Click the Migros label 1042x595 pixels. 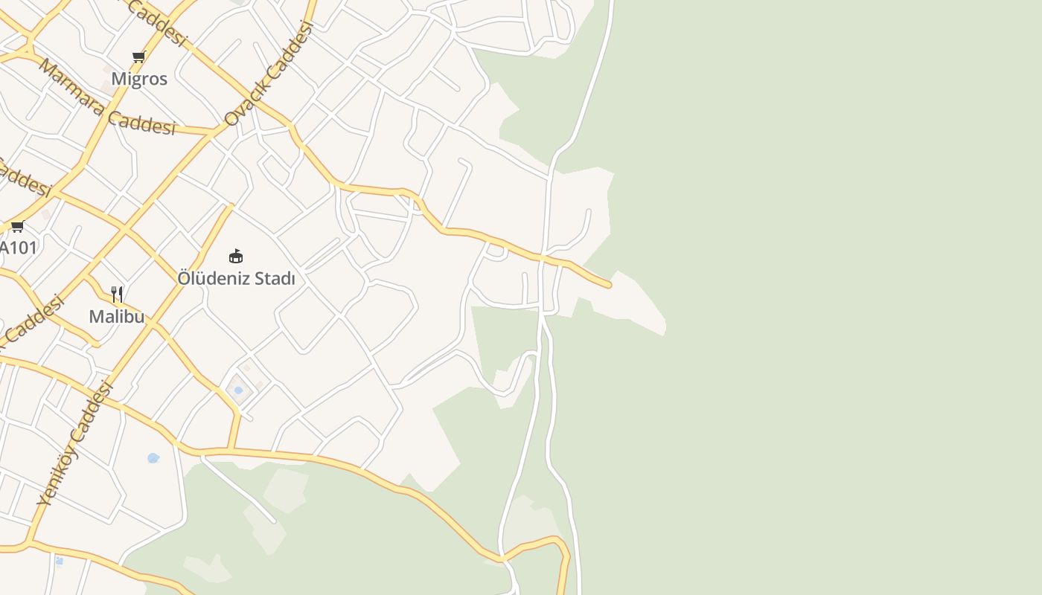click(x=139, y=79)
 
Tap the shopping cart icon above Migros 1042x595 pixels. click(x=138, y=57)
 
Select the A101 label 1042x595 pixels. click(x=18, y=248)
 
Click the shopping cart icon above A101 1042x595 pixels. click(x=17, y=227)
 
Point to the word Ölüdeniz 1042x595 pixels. click(x=211, y=279)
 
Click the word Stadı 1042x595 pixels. click(x=272, y=279)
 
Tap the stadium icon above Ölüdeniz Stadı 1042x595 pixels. click(x=236, y=257)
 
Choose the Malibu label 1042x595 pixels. click(x=117, y=317)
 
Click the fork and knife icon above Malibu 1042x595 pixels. click(x=117, y=295)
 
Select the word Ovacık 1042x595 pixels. click(x=243, y=100)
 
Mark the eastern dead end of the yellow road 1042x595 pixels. click(x=609, y=285)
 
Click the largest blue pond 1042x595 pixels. click(x=153, y=458)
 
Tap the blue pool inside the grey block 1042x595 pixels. click(x=238, y=390)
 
